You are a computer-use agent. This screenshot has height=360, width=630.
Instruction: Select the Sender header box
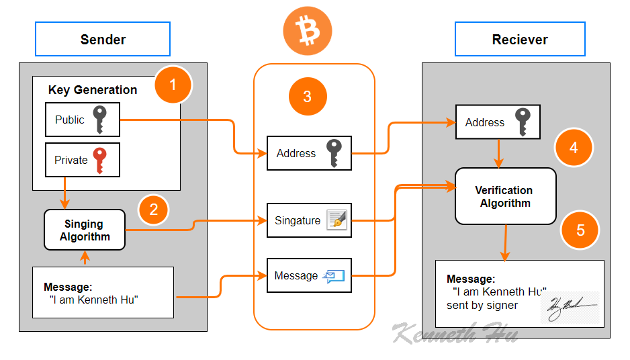tap(103, 39)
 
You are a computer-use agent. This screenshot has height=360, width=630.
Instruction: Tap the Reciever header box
tap(520, 39)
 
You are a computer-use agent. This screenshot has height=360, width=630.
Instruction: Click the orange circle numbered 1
tap(173, 85)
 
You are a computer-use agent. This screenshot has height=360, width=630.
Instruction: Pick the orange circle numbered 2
tap(154, 209)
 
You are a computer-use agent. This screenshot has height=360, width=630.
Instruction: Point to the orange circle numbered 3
tap(308, 96)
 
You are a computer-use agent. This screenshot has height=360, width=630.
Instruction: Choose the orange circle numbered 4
tap(574, 147)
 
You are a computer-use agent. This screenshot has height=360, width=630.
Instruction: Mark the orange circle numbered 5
tap(580, 230)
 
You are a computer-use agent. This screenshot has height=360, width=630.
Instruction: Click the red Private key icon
tap(100, 159)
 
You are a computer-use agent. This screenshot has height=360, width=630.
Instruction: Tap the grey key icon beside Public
tap(100, 120)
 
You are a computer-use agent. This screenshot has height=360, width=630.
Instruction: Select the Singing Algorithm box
tap(84, 230)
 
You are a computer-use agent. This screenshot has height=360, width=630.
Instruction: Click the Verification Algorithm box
tap(505, 196)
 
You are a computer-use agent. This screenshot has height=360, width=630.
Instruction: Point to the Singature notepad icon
tap(336, 220)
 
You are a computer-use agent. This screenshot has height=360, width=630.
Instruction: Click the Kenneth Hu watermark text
tap(454, 332)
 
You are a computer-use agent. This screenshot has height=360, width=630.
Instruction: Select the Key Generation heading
tap(93, 90)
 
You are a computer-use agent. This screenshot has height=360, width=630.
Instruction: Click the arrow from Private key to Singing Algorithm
tap(64, 193)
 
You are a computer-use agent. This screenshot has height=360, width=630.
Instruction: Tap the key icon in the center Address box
tap(334, 153)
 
